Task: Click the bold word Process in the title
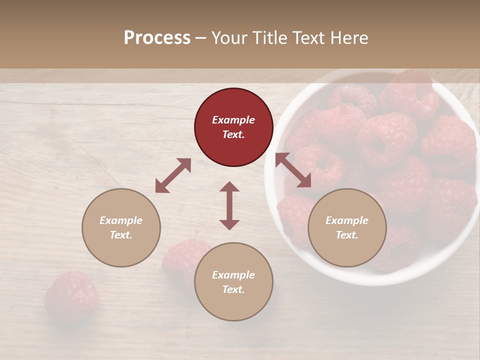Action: pyautogui.click(x=157, y=38)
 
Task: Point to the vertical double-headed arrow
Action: pyautogui.click(x=229, y=206)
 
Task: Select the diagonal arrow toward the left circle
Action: pyautogui.click(x=173, y=175)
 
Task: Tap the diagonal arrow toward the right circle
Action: pyautogui.click(x=293, y=170)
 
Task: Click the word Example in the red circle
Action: pyautogui.click(x=233, y=120)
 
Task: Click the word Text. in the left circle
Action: pyautogui.click(x=121, y=235)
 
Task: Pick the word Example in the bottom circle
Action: pyautogui.click(x=233, y=275)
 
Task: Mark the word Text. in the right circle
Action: pyautogui.click(x=347, y=235)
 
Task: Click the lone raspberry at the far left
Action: pyautogui.click(x=70, y=295)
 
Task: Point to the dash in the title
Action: pyautogui.click(x=200, y=38)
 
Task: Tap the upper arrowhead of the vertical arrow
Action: pyautogui.click(x=229, y=187)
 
